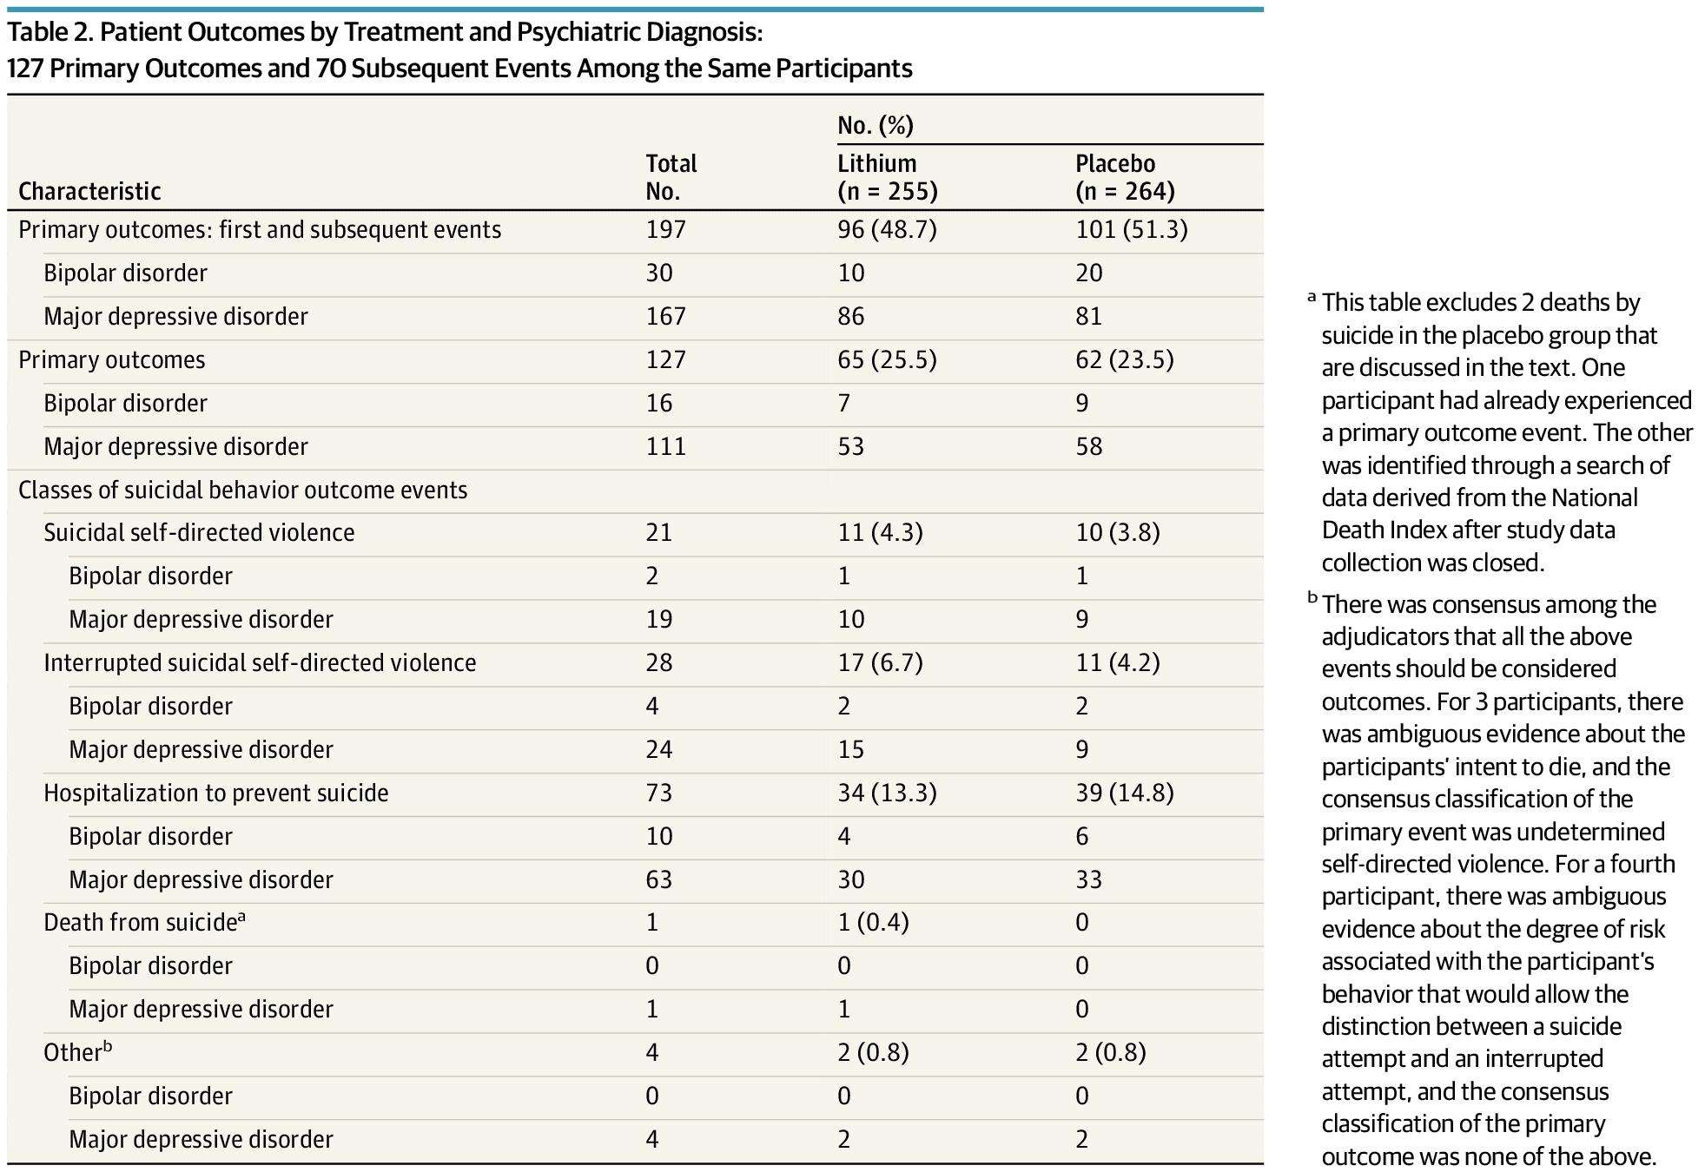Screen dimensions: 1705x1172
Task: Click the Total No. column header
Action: click(671, 177)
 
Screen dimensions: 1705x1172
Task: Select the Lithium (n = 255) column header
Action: click(887, 177)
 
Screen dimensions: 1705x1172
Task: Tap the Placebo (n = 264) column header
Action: click(1125, 177)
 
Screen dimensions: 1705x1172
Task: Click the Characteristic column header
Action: click(89, 191)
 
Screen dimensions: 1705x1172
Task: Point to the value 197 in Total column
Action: click(665, 229)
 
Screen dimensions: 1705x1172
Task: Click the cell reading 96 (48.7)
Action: click(887, 229)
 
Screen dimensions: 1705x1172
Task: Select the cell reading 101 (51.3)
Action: click(1131, 229)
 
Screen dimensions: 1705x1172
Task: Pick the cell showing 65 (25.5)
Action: click(887, 359)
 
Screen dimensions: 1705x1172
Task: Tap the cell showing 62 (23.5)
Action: click(1125, 359)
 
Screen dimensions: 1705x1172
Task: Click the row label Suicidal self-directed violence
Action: click(199, 532)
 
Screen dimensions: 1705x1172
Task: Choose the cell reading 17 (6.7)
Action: click(880, 662)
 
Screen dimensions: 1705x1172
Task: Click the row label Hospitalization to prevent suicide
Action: click(216, 793)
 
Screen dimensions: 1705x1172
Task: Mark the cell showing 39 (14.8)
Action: click(1125, 793)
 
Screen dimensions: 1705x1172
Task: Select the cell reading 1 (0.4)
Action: click(873, 922)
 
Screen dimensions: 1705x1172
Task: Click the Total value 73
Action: click(659, 793)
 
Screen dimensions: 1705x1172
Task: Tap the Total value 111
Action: click(665, 446)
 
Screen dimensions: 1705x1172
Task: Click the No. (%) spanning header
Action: click(876, 126)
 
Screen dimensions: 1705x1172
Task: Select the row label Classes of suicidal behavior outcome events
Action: click(242, 490)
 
